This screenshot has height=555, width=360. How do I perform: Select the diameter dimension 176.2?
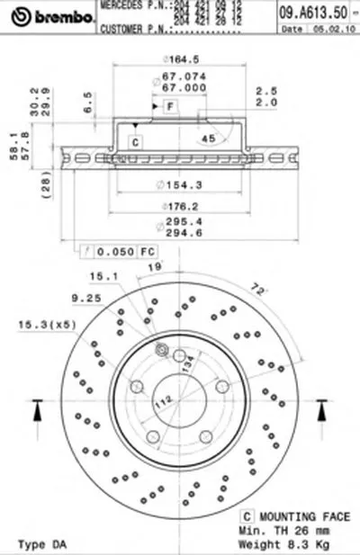click(x=186, y=206)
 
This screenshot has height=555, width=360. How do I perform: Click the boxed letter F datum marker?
click(x=168, y=107)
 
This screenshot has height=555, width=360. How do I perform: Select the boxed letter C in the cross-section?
click(x=136, y=142)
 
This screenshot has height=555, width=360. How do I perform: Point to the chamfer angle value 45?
click(x=208, y=138)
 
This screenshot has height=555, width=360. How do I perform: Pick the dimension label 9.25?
click(x=86, y=296)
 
